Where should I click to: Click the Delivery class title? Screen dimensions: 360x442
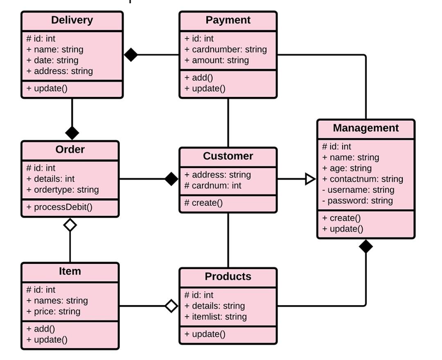(72, 20)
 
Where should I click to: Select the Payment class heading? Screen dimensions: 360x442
(228, 20)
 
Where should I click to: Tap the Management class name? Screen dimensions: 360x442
(365, 128)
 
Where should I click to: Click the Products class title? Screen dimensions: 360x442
(228, 277)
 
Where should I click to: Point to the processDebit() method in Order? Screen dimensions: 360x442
(59, 207)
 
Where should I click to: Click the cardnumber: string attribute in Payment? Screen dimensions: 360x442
(226, 49)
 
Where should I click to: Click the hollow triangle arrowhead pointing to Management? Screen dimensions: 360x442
(310, 179)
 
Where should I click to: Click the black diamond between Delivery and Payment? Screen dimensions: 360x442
(131, 55)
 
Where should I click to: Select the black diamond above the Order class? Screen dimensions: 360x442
(72, 133)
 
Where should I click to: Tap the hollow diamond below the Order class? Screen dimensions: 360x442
(70, 225)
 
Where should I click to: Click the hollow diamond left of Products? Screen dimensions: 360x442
(171, 306)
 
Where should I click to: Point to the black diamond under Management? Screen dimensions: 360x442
(365, 247)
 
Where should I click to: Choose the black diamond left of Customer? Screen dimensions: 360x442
(171, 179)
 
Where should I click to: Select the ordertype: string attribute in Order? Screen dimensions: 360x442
(62, 190)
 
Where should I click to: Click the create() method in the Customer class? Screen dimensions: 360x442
(203, 203)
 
